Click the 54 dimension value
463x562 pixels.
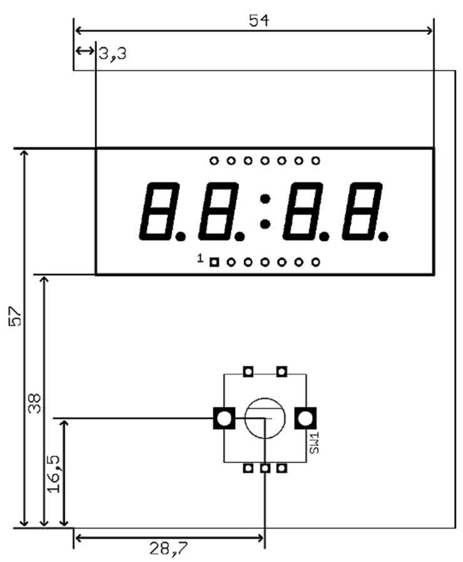click(x=259, y=21)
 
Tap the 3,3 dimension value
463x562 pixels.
click(x=113, y=54)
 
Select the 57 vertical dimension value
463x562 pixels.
click(x=15, y=316)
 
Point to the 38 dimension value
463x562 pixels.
click(x=35, y=404)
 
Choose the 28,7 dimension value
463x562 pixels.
click(x=168, y=548)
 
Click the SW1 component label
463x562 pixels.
click(x=314, y=443)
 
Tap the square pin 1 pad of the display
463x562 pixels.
click(x=214, y=262)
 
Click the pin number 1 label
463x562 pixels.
click(x=200, y=258)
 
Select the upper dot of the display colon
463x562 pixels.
click(x=265, y=198)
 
